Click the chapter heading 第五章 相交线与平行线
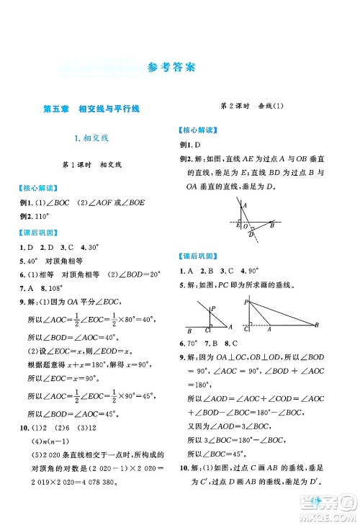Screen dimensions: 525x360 (90, 109)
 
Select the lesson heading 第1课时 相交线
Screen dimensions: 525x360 (90, 166)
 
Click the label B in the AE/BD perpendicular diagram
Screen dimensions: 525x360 (272, 225)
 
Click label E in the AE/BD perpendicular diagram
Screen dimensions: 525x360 (238, 225)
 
